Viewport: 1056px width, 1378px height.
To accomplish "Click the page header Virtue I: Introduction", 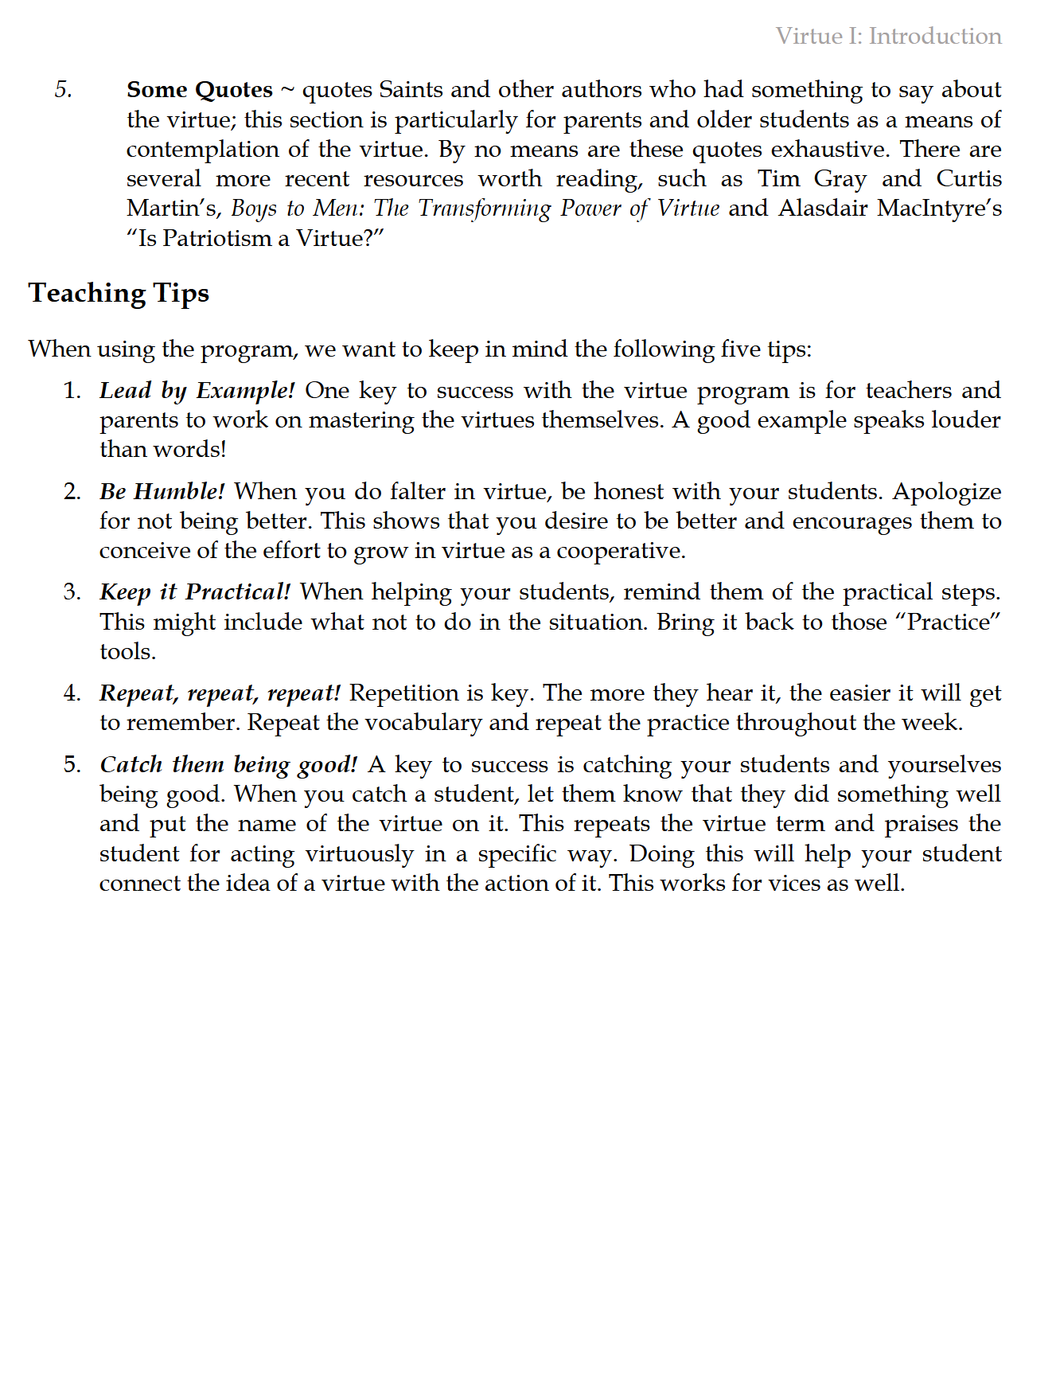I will [x=888, y=36].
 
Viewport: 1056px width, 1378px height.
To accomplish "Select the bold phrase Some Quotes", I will [x=199, y=89].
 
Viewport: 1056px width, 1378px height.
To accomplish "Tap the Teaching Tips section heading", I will [x=119, y=293].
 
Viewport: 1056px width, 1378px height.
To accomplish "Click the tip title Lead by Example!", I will [x=197, y=390].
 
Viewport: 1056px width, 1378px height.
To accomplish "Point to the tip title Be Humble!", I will [x=162, y=491].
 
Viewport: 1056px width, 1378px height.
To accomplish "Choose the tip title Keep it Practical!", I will [x=195, y=591].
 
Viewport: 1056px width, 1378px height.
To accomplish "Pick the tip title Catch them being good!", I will [x=228, y=764].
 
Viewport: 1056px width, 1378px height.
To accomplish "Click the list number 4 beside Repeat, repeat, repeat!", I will [x=72, y=693].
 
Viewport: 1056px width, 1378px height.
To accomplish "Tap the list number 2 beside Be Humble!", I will [x=72, y=491].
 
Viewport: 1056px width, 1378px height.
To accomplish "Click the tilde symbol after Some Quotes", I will [x=287, y=90].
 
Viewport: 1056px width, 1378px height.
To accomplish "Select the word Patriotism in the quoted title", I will [x=216, y=238].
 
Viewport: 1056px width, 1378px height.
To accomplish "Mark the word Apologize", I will [x=946, y=491].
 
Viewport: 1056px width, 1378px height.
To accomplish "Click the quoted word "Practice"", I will [x=948, y=622].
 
